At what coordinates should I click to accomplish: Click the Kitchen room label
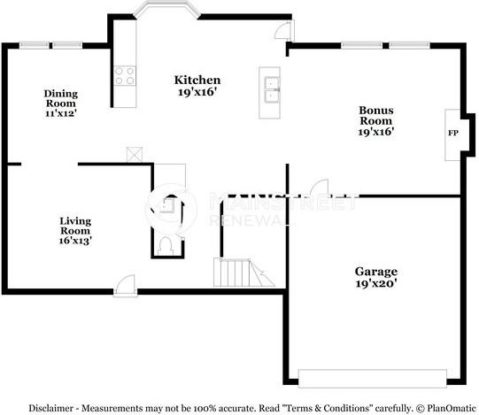[x=196, y=81]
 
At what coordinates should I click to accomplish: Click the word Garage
[x=375, y=272]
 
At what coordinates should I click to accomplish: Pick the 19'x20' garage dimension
[x=375, y=284]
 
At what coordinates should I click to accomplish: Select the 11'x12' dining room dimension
[x=62, y=114]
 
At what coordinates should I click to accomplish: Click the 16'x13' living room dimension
[x=75, y=240]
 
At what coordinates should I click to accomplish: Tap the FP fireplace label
[x=453, y=133]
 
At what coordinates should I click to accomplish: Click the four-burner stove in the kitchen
[x=124, y=76]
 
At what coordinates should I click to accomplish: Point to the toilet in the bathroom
[x=165, y=243]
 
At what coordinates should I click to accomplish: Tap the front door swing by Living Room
[x=126, y=283]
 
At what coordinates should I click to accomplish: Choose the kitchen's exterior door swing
[x=282, y=32]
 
